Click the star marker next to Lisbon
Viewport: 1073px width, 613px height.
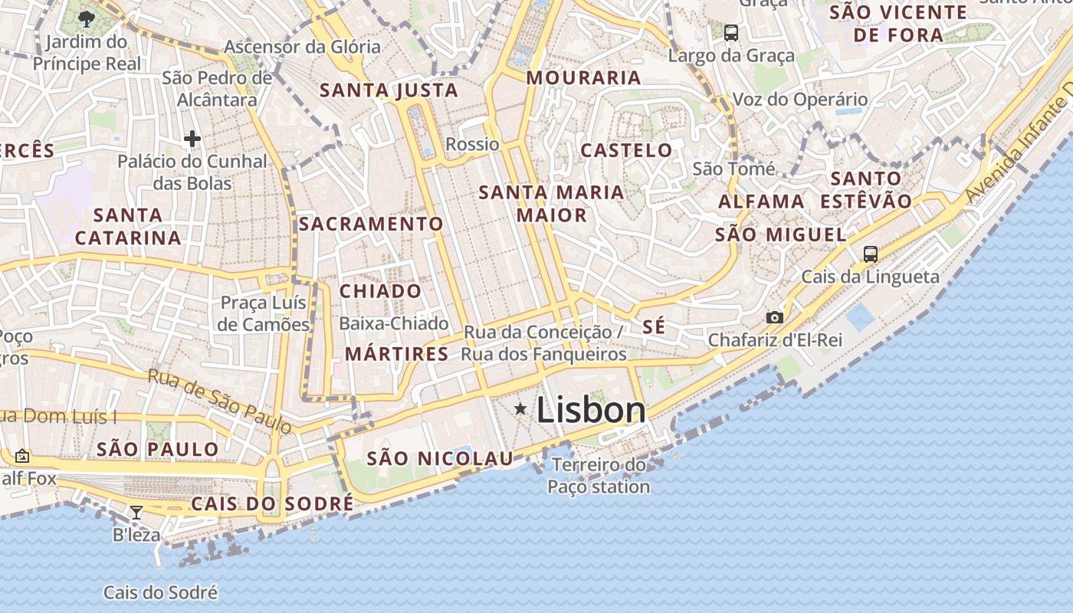pos(520,409)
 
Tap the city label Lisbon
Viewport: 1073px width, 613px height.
pos(591,410)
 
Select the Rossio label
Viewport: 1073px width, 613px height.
pos(472,144)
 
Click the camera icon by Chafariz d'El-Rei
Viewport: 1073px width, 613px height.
pos(775,317)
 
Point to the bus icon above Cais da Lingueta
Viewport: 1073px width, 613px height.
pos(870,254)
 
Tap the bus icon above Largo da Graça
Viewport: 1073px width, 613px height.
pos(731,33)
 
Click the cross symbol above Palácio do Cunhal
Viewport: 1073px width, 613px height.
pos(192,139)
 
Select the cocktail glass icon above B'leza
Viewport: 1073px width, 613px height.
pos(136,512)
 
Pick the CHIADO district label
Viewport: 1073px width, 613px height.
pos(380,291)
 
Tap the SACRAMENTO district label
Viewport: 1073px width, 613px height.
pos(371,224)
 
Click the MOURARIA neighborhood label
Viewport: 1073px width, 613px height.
pos(583,77)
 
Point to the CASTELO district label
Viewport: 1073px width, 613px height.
pos(626,150)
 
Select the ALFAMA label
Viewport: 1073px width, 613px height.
pos(761,202)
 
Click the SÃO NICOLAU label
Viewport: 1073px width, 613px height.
pos(440,459)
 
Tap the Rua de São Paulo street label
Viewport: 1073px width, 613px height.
pos(219,402)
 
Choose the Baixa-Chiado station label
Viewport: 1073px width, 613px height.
pos(393,323)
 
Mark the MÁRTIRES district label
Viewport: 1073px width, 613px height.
pos(396,354)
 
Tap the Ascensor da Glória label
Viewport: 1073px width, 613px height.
pos(302,47)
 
